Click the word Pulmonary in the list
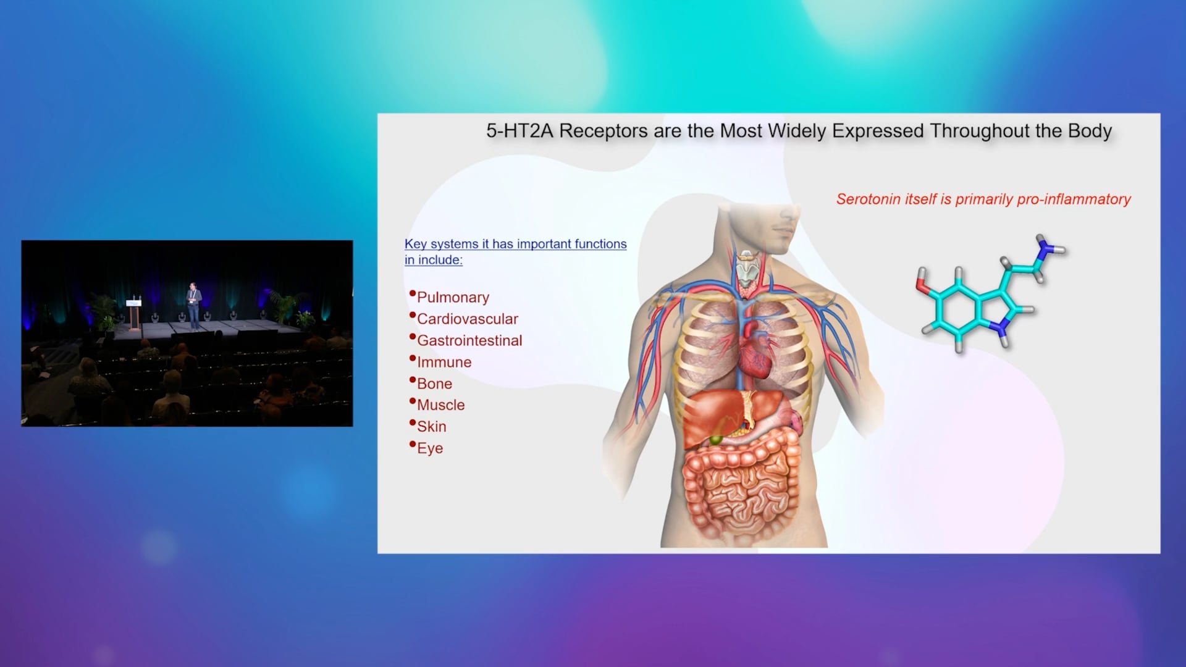tap(453, 298)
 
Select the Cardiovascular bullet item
tap(468, 319)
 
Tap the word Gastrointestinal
tap(469, 340)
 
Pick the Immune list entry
tap(444, 362)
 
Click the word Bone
tap(434, 384)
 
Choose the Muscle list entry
tap(440, 405)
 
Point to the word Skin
tap(431, 427)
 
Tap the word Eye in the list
tap(430, 448)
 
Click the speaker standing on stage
tap(193, 306)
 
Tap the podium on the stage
tap(133, 316)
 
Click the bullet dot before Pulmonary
tap(412, 293)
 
